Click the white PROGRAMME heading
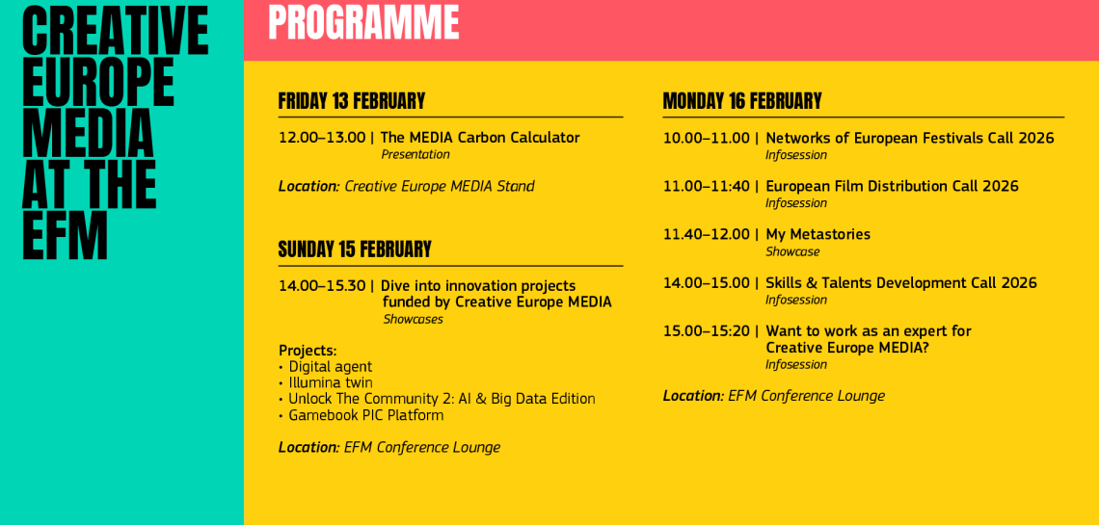pos(363,22)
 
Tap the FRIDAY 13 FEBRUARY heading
pos(351,101)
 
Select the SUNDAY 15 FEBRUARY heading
pos(355,249)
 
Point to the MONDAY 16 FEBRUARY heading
pos(741,101)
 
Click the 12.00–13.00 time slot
pos(322,138)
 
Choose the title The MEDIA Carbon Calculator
pos(479,138)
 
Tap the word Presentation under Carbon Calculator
pos(415,155)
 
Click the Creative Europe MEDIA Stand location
pos(439,187)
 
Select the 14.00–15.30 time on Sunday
pos(322,286)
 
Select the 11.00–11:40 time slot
pos(707,187)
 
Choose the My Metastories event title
pos(818,235)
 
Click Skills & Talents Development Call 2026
pos(900,283)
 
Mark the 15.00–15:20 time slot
pos(707,331)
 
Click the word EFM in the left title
pos(66,236)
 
